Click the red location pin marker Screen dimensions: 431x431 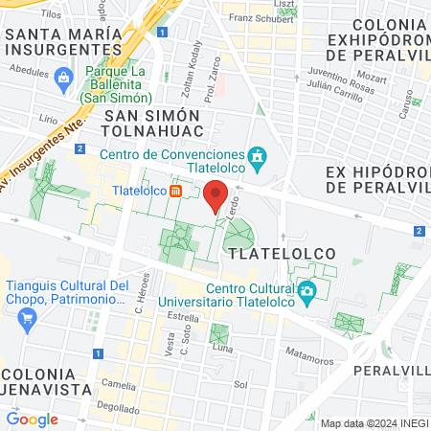pyautogui.click(x=215, y=195)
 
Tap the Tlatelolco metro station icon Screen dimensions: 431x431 pyautogui.click(x=176, y=191)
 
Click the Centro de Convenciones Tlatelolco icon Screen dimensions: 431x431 pyautogui.click(x=257, y=156)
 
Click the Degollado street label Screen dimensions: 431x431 pyautogui.click(x=117, y=406)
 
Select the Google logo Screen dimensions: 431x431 pyautogui.click(x=32, y=419)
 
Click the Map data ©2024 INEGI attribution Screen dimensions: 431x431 pyautogui.click(x=374, y=423)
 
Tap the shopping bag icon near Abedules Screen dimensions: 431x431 pyautogui.click(x=63, y=76)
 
